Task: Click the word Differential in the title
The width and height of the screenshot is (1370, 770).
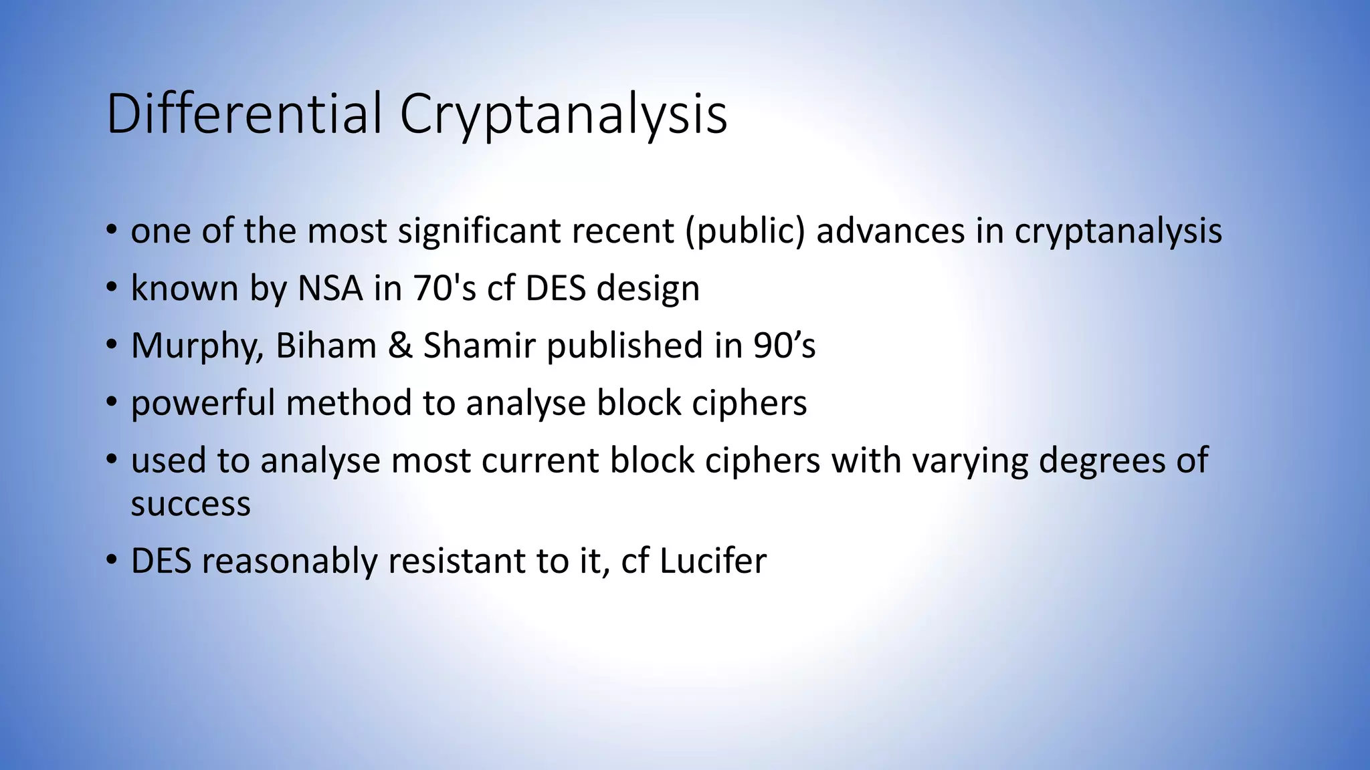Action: coord(244,114)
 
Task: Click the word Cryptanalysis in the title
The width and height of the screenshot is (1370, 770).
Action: coord(563,115)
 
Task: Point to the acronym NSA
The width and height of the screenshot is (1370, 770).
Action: coord(330,289)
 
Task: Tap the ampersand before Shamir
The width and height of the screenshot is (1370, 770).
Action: coord(400,346)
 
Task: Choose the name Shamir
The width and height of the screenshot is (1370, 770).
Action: coord(479,346)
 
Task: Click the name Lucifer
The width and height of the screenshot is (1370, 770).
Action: coord(713,561)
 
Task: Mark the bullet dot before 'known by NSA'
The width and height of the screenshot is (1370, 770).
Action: coord(111,289)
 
